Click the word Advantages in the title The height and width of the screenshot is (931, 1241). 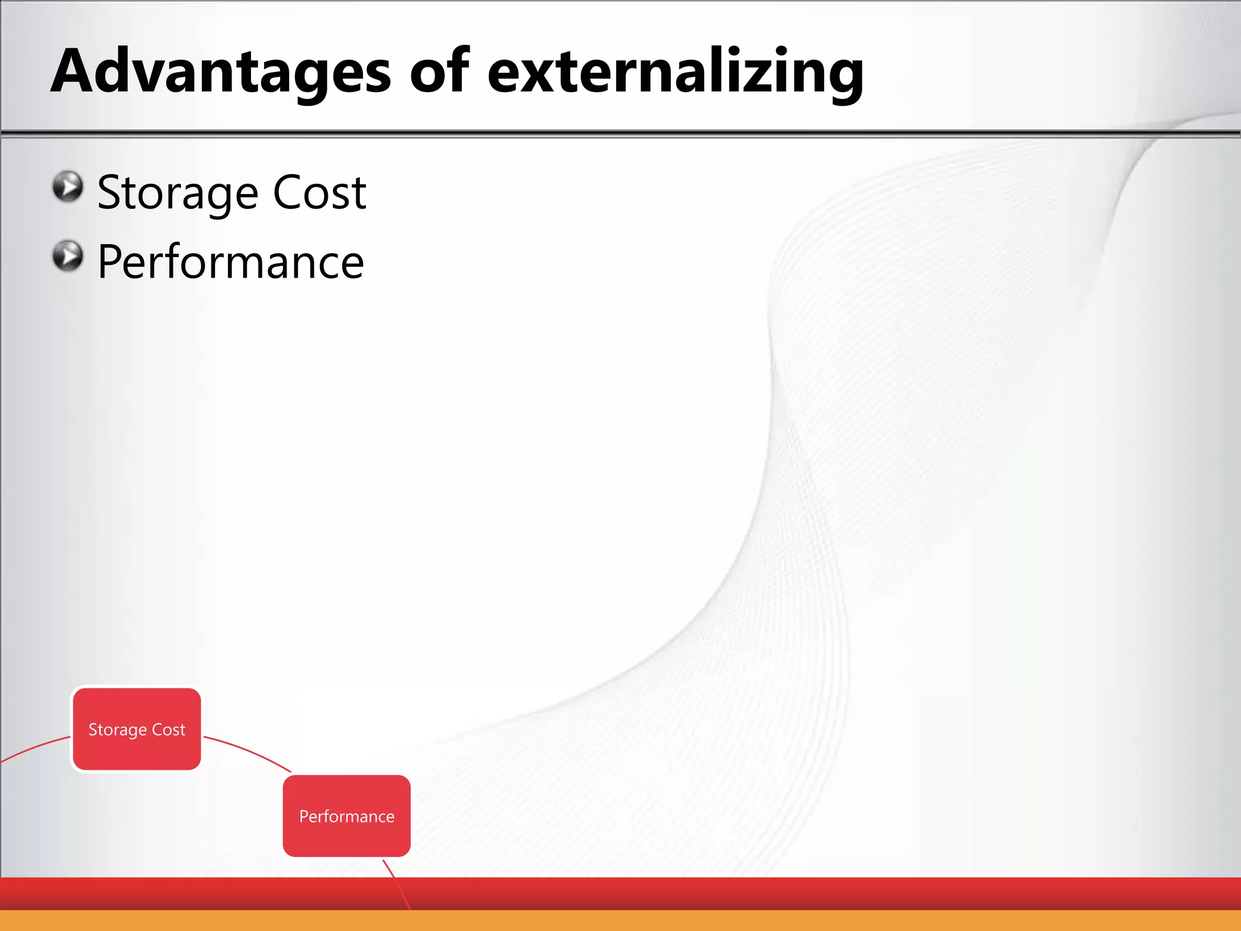pos(221,72)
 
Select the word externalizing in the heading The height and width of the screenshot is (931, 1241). pos(675,72)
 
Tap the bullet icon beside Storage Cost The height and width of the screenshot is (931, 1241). pos(67,186)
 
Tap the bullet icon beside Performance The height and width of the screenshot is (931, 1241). pos(67,256)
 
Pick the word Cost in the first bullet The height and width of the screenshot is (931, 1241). pos(319,193)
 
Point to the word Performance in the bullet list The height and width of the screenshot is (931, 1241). pos(230,262)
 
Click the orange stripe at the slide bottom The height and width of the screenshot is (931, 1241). pos(620,920)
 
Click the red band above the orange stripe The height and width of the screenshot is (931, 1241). pos(620,893)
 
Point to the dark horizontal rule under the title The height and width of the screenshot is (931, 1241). pos(620,133)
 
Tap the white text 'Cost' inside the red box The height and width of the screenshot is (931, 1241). pos(168,730)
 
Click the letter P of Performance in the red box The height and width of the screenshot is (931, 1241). pos(304,816)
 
